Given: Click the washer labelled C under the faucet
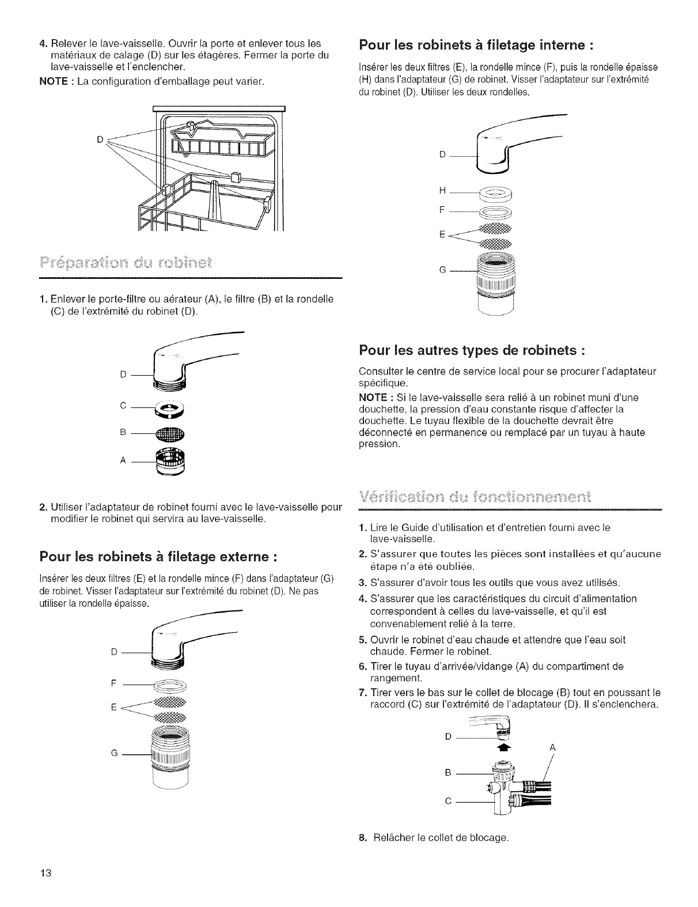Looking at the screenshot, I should tap(170, 408).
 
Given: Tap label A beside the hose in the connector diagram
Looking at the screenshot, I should tap(552, 747).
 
